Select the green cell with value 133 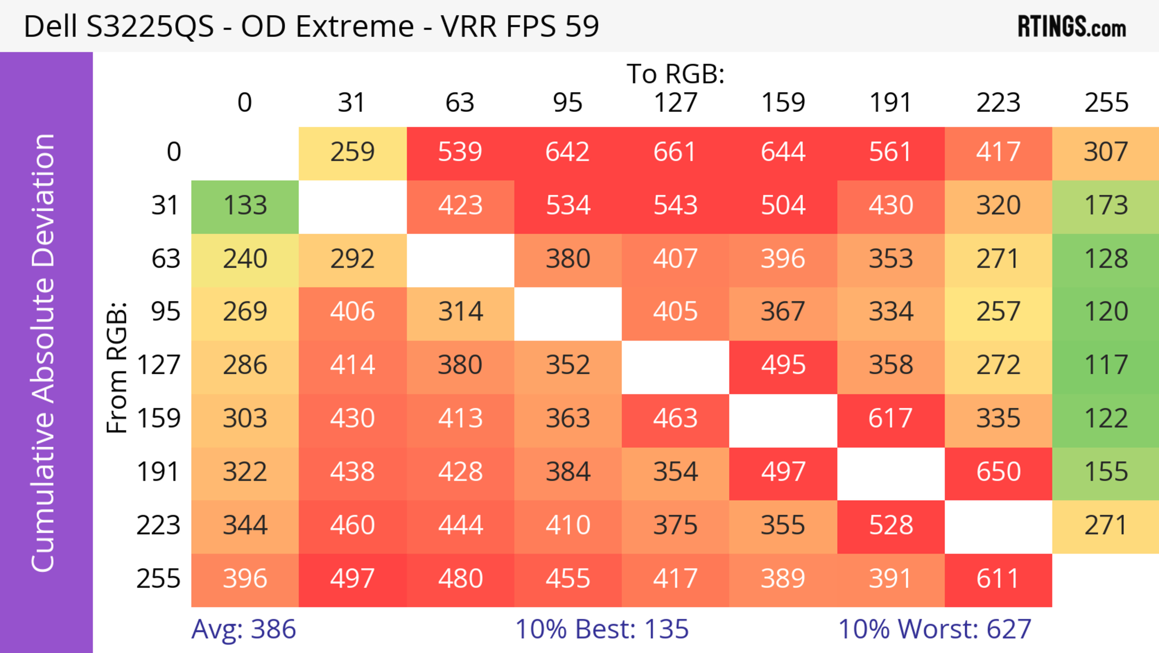point(245,206)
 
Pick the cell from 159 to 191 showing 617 point(890,419)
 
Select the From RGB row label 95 point(166,312)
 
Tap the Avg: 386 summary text point(243,629)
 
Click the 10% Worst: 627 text point(934,629)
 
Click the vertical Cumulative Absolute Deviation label point(44,353)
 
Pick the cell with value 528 point(890,525)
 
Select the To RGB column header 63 point(460,103)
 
